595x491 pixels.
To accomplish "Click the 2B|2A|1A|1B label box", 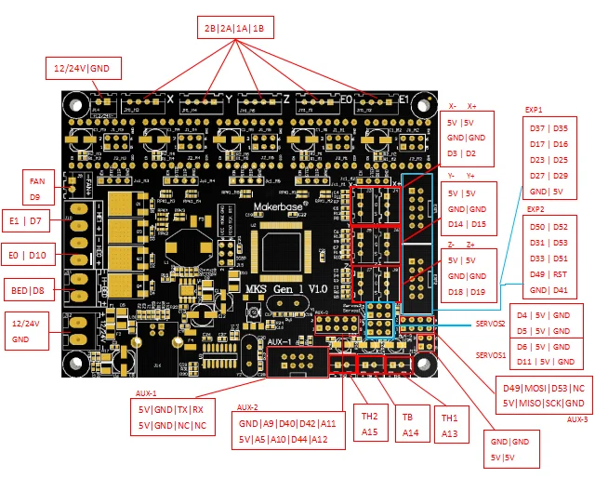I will coord(232,28).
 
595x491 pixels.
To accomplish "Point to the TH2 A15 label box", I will coord(369,423).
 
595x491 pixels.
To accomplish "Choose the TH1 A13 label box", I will coord(450,424).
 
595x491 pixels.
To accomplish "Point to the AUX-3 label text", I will coord(576,418).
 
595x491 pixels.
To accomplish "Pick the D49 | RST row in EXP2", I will coord(547,274).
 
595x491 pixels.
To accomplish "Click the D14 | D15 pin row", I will coord(467,224).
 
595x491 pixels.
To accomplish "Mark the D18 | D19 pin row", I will coord(467,292).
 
